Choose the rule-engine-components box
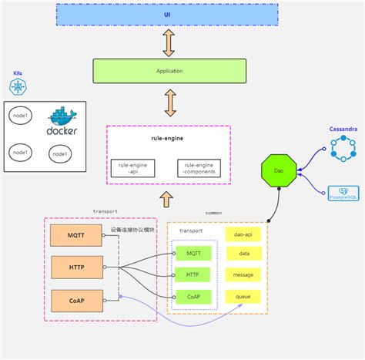coord(197,167)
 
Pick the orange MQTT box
coord(75,235)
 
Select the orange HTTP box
coord(75,267)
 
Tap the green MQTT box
coord(193,254)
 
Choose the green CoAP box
coord(193,296)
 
